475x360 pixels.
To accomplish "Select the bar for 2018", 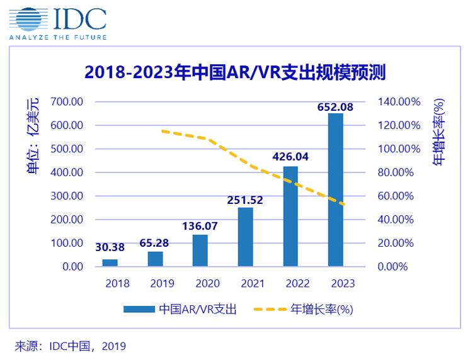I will [x=110, y=262].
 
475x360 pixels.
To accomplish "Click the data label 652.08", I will [x=335, y=106].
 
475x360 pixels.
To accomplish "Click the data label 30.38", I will [x=111, y=248].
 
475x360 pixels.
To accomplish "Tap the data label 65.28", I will [x=155, y=241].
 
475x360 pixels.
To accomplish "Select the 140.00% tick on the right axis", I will [x=398, y=101].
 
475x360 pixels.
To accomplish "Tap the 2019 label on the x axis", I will [x=162, y=283].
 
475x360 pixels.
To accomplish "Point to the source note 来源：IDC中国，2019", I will [x=71, y=346].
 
